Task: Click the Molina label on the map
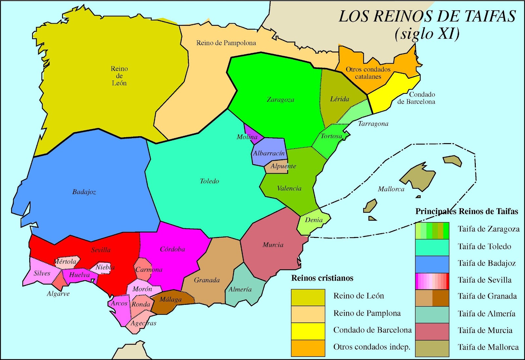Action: point(247,137)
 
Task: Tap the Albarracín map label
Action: point(269,153)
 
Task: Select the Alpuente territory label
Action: point(283,166)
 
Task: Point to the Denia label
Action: point(314,220)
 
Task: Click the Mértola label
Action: point(65,262)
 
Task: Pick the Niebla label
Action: point(105,267)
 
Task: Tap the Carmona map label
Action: point(149,270)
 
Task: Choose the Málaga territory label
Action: point(170,299)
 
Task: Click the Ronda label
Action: point(141,304)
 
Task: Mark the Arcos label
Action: point(119,303)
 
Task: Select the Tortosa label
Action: point(331,136)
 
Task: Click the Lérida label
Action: point(339,99)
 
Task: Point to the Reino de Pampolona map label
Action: point(226,43)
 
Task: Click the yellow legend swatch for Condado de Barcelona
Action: point(308,331)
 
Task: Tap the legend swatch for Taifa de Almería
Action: point(432,314)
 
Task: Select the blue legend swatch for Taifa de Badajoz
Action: point(432,264)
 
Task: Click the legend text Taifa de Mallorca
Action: point(488,347)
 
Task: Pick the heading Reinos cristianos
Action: point(322,278)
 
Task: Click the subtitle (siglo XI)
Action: point(427,33)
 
